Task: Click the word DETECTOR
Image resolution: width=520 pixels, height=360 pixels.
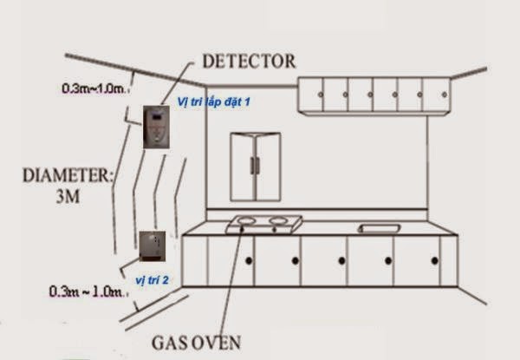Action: click(248, 61)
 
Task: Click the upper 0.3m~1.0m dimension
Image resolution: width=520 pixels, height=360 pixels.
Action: click(95, 88)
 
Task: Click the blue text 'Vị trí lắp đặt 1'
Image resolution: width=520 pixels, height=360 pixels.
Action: click(213, 101)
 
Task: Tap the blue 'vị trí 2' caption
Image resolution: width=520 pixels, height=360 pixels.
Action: click(153, 281)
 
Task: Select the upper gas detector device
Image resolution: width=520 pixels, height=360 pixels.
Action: click(155, 127)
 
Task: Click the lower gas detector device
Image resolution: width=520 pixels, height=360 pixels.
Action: click(152, 245)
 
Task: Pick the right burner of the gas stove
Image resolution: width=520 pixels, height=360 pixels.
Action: click(277, 222)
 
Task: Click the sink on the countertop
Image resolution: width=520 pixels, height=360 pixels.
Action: click(379, 228)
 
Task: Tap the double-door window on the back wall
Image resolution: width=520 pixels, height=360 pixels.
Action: click(255, 167)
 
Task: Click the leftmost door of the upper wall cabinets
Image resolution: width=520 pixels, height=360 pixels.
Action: click(311, 95)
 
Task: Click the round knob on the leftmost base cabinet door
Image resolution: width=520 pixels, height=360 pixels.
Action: click(248, 261)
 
